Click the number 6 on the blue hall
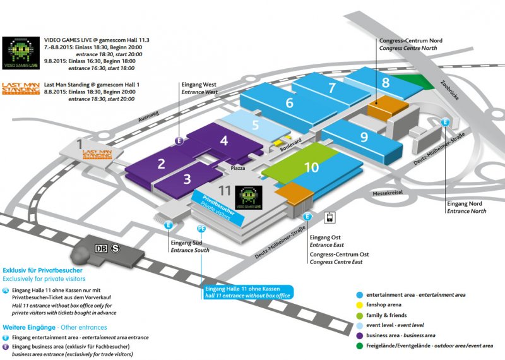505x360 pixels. [x=290, y=102]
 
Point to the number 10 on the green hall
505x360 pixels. [x=311, y=167]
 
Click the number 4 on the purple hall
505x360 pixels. [x=223, y=141]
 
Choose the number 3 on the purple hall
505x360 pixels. [x=187, y=179]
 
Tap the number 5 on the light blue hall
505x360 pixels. [x=256, y=125]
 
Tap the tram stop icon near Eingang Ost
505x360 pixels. [x=329, y=218]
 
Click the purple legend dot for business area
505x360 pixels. [x=359, y=335]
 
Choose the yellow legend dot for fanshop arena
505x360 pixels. [x=359, y=305]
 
